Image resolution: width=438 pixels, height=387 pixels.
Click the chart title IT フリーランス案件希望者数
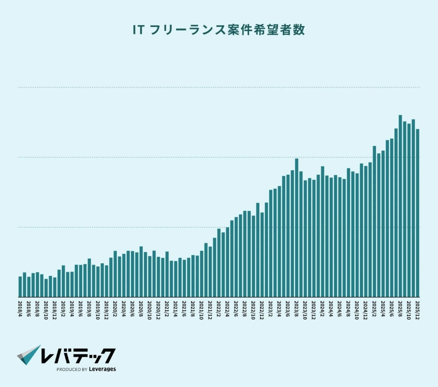pyautogui.click(x=219, y=30)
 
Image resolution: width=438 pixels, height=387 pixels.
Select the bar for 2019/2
pyautogui.click(x=63, y=281)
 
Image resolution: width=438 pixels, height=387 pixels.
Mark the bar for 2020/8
pyautogui.click(x=141, y=271)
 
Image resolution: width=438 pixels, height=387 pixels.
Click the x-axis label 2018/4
pyautogui.click(x=20, y=308)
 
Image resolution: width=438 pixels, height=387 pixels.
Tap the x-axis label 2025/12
pyautogui.click(x=418, y=308)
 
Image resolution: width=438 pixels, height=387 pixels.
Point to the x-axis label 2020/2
pyautogui.click(x=115, y=308)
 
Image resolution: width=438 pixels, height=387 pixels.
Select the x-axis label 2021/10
pyautogui.click(x=202, y=308)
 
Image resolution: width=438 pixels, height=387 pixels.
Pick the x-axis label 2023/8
pyautogui.click(x=296, y=308)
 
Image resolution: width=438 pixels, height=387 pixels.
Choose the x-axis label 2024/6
pyautogui.click(x=340, y=308)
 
